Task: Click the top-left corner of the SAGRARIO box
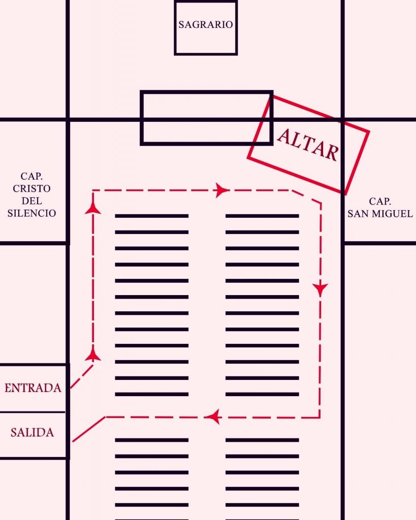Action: (x=175, y=2)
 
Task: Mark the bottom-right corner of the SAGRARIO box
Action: (x=237, y=54)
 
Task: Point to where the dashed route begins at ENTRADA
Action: (x=71, y=387)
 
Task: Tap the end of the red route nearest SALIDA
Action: (x=73, y=441)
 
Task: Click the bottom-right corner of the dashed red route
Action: (x=320, y=417)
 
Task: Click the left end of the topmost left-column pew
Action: (x=115, y=216)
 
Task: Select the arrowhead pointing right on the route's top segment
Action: (x=222, y=190)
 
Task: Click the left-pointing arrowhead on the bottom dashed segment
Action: (x=213, y=417)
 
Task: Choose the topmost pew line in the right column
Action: (x=262, y=216)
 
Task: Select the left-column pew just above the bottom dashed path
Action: (x=151, y=394)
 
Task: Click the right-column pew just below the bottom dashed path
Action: (x=262, y=440)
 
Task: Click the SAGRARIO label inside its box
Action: (x=206, y=24)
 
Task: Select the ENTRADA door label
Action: (x=33, y=387)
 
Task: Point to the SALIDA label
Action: (x=32, y=433)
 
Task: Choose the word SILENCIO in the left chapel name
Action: (x=32, y=213)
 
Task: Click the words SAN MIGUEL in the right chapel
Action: (x=380, y=214)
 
